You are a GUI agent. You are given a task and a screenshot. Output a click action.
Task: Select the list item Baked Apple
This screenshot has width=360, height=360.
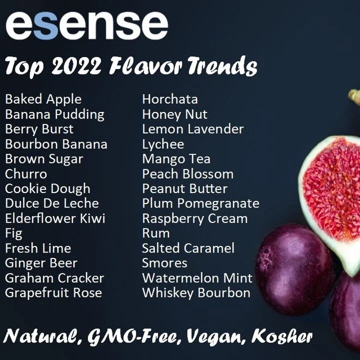(43, 99)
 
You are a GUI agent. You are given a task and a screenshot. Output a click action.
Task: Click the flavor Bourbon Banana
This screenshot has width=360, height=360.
(56, 144)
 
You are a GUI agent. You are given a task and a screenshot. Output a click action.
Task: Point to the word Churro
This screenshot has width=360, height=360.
(26, 174)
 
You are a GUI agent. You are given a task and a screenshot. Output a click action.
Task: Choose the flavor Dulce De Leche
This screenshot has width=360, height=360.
(51, 203)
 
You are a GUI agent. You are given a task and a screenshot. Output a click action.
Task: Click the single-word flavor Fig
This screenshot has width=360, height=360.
(13, 233)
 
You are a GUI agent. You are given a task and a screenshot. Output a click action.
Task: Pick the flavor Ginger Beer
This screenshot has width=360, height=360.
(41, 263)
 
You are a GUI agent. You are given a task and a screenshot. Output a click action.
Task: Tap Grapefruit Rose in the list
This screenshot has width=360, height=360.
(53, 292)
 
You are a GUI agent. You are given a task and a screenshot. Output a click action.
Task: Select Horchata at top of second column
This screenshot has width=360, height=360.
(169, 99)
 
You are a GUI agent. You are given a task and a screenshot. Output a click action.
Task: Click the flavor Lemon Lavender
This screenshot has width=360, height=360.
(192, 129)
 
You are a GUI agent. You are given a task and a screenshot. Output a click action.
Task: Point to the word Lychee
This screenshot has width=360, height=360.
(163, 144)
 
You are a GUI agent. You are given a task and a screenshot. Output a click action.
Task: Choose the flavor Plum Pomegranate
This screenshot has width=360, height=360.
(200, 203)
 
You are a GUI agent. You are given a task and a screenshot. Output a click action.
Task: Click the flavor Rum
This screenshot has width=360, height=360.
(155, 233)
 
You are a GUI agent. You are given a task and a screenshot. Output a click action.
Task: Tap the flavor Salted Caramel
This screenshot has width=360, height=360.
(188, 248)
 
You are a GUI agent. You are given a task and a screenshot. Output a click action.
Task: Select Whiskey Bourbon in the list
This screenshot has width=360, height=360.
(196, 292)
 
